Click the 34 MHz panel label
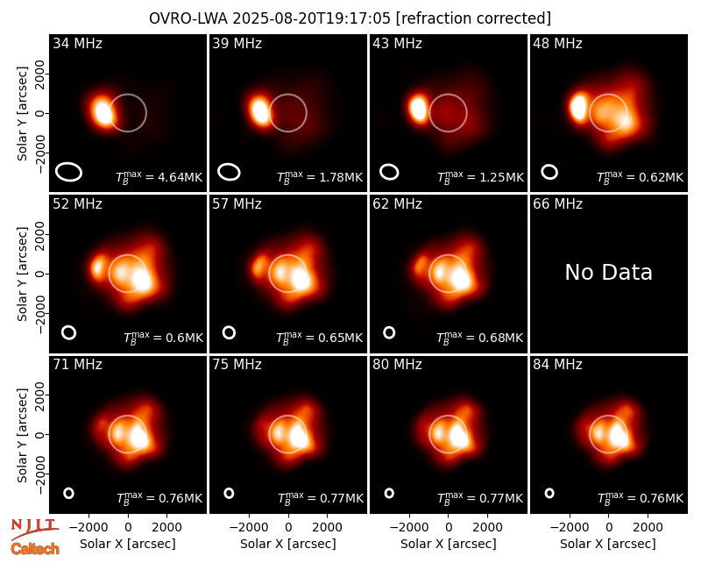tap(77, 43)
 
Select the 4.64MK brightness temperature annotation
tap(159, 177)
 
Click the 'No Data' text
tap(608, 272)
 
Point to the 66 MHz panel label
tap(557, 204)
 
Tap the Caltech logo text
tap(35, 549)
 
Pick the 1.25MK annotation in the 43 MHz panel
tap(480, 177)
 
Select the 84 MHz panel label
tap(557, 365)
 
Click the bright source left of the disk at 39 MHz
tap(259, 110)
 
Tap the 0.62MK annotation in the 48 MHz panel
tap(641, 177)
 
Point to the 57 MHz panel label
tap(237, 204)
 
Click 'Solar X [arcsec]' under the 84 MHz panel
tap(608, 544)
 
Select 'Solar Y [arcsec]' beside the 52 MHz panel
tap(23, 274)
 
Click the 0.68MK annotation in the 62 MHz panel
tap(479, 338)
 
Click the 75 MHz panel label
tap(237, 365)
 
